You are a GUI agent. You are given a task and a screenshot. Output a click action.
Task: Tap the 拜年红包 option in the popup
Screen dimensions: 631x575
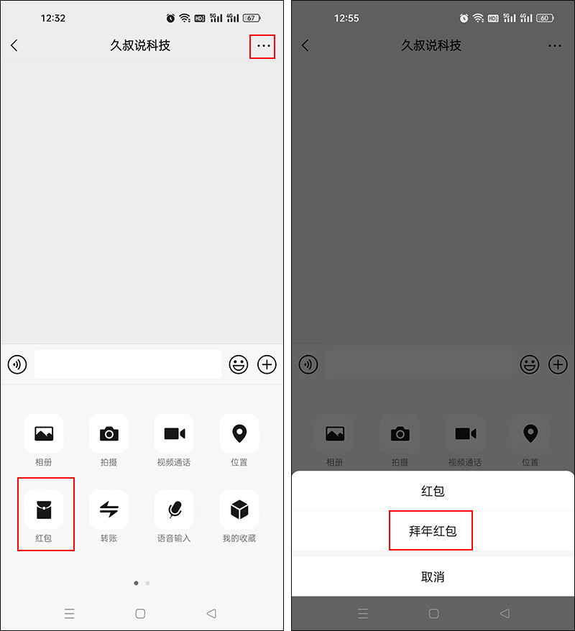pos(432,531)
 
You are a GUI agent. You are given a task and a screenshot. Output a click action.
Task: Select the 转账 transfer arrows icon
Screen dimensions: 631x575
pos(109,510)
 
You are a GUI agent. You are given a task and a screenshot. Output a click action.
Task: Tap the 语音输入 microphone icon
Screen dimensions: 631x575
pos(174,510)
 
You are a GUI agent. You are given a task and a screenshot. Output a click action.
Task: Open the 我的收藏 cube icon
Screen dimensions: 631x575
pos(239,510)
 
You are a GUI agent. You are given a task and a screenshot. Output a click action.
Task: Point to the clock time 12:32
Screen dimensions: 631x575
pos(53,18)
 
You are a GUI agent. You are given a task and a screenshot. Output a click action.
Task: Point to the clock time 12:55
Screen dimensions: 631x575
pos(346,18)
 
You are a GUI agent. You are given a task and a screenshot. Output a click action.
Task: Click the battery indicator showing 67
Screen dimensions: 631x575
pos(252,18)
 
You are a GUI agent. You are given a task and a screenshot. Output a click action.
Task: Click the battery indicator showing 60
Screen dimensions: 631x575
pos(544,18)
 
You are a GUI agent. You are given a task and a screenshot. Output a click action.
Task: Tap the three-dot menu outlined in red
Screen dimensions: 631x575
pos(263,46)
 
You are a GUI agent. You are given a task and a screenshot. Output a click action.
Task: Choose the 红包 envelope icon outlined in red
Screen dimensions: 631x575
pos(44,510)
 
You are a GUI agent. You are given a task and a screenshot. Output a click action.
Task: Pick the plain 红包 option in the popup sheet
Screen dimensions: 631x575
pos(432,492)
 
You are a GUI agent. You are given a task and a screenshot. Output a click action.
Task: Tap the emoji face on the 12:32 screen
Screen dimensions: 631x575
pos(239,364)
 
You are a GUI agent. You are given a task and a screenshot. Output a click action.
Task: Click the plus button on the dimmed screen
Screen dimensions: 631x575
pos(558,364)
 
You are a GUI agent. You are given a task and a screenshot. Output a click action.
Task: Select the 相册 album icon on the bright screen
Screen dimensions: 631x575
pos(44,433)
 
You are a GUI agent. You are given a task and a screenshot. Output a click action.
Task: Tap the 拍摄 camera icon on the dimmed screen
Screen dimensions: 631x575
pos(400,433)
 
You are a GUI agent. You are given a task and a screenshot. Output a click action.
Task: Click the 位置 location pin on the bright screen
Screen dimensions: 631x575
pos(239,433)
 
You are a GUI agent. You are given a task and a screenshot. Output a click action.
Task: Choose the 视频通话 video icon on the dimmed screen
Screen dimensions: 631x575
pos(465,433)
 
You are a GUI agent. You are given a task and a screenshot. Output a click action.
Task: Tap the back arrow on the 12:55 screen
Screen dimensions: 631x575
pos(305,45)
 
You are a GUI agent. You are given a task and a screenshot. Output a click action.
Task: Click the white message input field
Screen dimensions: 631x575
pos(128,364)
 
